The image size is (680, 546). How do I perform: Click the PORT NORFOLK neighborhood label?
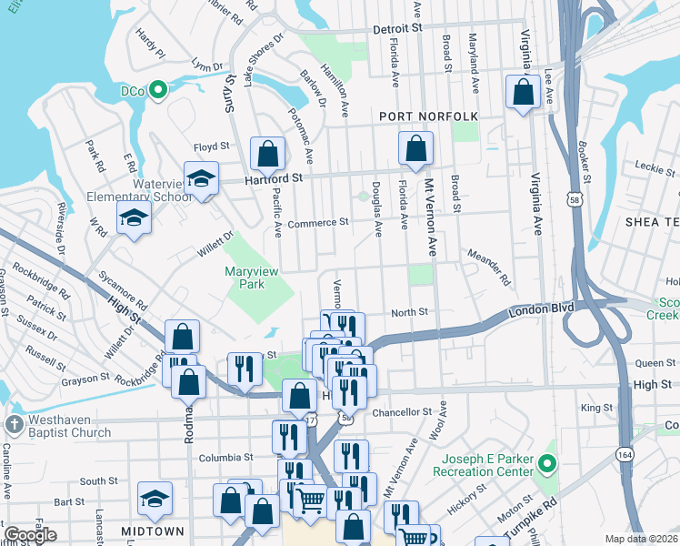[x=428, y=116]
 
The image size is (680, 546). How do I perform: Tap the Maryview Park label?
[x=252, y=278]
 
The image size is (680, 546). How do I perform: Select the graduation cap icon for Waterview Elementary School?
[x=202, y=177]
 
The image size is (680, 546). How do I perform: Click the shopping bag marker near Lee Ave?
[x=523, y=92]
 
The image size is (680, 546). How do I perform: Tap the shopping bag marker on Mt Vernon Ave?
[x=415, y=148]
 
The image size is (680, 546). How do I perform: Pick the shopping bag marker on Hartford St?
[x=268, y=154]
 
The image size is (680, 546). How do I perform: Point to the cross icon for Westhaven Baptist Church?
[x=13, y=424]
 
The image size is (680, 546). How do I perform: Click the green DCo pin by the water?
[x=157, y=90]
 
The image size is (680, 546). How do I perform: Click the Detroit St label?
[x=398, y=29]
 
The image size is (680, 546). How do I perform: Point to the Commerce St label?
[x=317, y=222]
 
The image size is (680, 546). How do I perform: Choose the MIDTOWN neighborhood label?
[x=153, y=531]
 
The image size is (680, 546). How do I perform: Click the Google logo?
[x=31, y=535]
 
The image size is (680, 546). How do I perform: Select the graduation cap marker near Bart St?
[x=155, y=498]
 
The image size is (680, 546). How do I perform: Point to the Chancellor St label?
[x=401, y=412]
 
